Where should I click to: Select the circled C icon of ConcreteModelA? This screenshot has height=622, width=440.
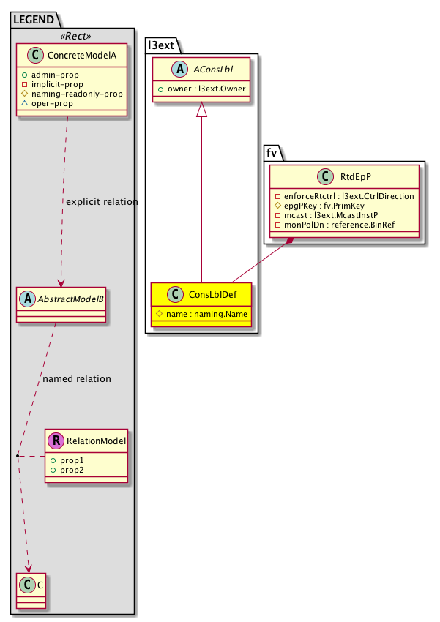(31, 56)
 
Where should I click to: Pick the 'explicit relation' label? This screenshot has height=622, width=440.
(102, 202)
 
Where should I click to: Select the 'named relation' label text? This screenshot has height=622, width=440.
(77, 379)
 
